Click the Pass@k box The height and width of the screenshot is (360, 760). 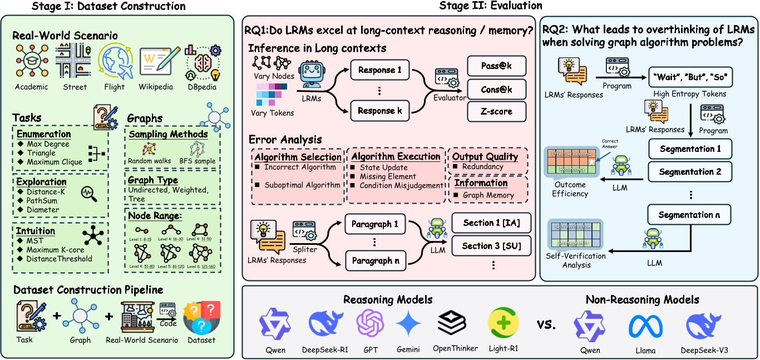[x=490, y=66]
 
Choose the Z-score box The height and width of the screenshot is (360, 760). [x=490, y=111]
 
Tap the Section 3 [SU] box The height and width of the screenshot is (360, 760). [x=490, y=246]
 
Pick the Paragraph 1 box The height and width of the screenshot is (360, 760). [x=376, y=224]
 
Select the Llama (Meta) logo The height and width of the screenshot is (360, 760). [x=646, y=328]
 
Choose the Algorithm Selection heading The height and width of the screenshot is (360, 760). [x=298, y=157]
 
